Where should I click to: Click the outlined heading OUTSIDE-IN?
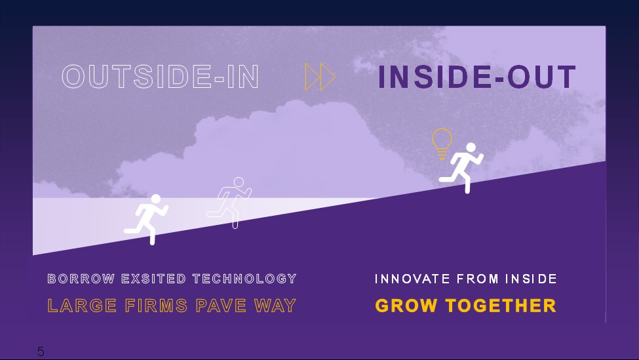[x=160, y=76]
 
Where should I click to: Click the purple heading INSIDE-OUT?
[x=477, y=77]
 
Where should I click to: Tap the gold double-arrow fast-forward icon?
[x=320, y=77]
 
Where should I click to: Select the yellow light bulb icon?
[x=442, y=144]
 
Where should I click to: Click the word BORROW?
[x=81, y=279]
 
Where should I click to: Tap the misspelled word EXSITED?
[x=153, y=279]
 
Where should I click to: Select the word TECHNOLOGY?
[x=244, y=279]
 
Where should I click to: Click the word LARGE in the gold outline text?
[x=83, y=306]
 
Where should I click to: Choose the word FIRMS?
[x=156, y=306]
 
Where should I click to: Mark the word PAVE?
[x=220, y=306]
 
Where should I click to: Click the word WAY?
[x=275, y=306]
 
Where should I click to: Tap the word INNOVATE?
[x=412, y=279]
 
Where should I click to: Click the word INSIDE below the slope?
[x=531, y=279]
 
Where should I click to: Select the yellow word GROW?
[x=406, y=306]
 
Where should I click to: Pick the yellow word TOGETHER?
[x=501, y=306]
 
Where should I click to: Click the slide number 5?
[x=41, y=351]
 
